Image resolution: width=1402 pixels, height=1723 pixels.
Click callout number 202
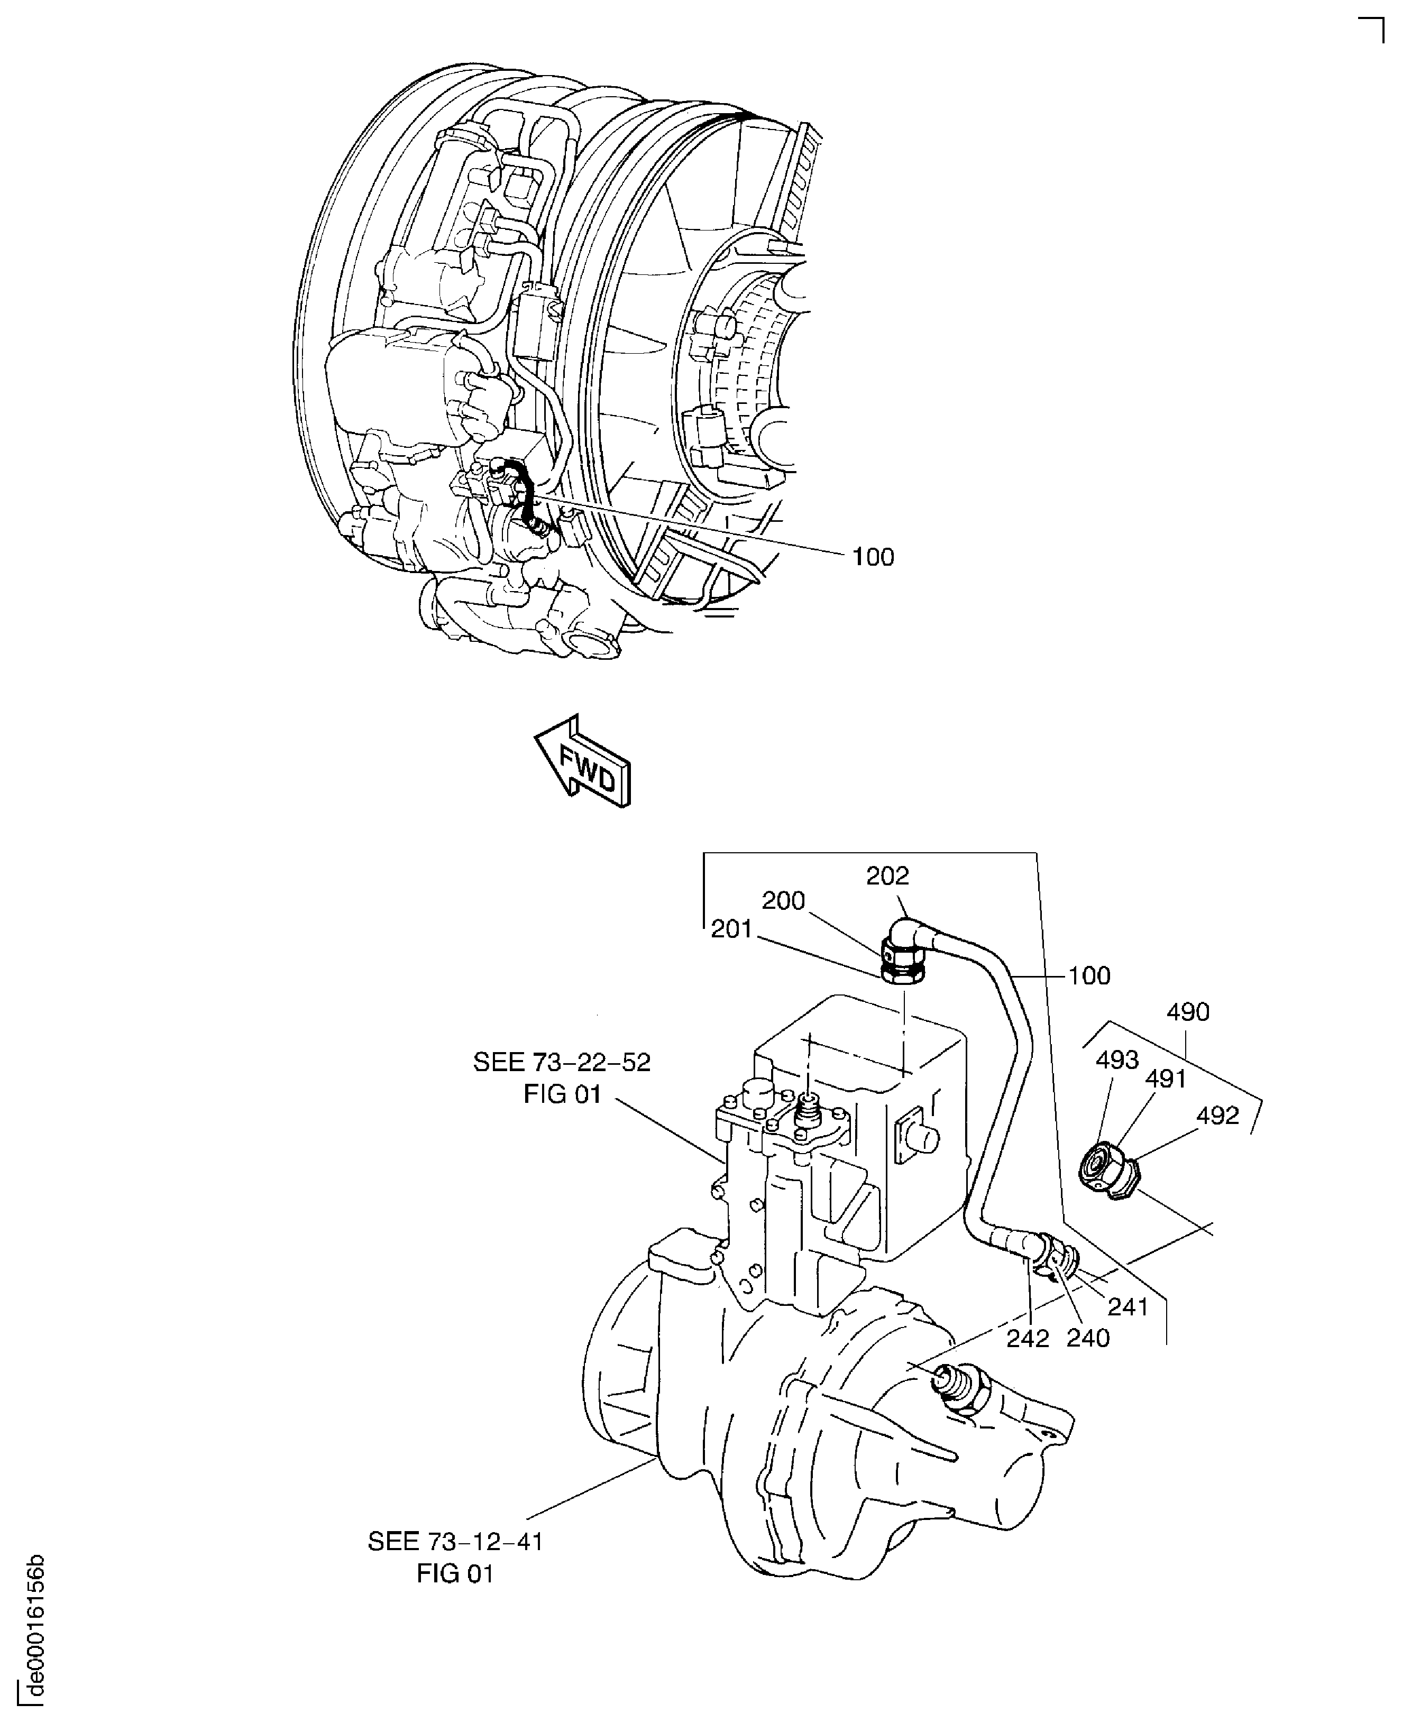[887, 876]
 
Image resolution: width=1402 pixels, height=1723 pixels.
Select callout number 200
[783, 901]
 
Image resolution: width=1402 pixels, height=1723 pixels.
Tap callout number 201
[732, 929]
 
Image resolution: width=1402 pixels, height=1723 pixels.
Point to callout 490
[1188, 1012]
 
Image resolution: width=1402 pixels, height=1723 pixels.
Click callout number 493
[1117, 1060]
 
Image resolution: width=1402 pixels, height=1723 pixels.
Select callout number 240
[1088, 1338]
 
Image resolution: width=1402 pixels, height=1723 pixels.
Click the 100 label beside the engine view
[873, 557]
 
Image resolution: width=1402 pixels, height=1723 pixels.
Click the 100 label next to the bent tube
[1089, 975]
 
